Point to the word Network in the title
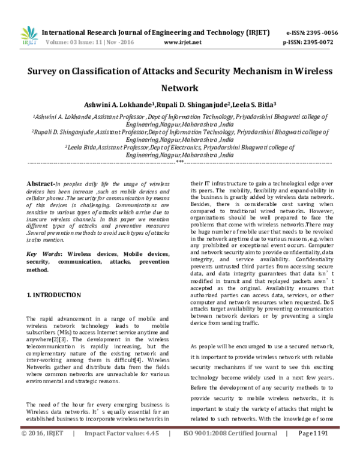point(179,88)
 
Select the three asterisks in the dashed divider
point(179,162)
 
